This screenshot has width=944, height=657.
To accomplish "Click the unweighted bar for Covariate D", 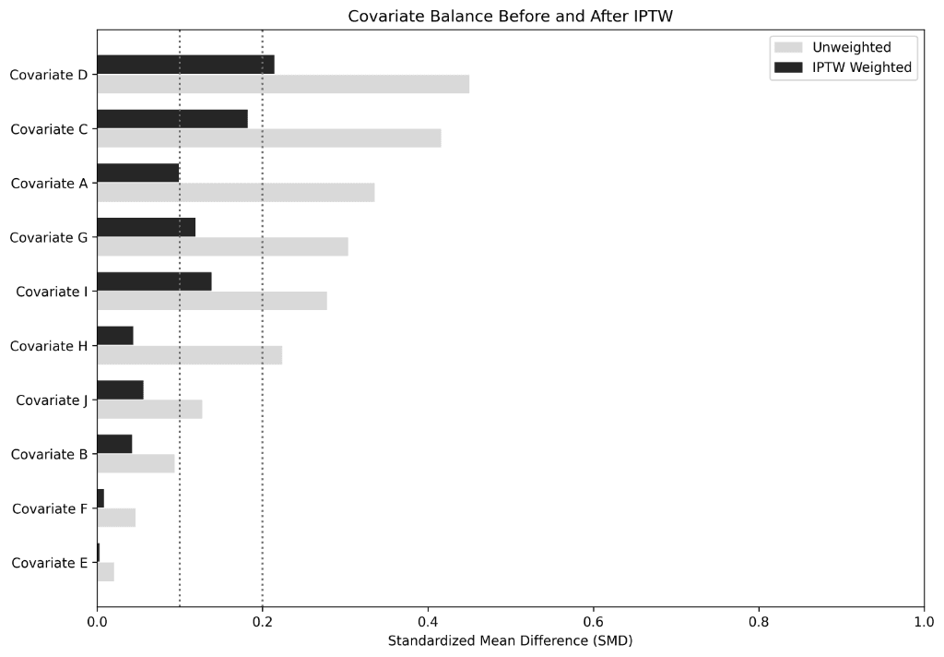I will (283, 84).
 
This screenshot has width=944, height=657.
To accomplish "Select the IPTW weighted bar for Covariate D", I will (185, 65).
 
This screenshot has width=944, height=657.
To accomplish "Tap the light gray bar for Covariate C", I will (268, 138).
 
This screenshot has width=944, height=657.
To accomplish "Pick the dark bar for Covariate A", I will (137, 173).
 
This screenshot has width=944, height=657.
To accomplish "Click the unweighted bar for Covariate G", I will (222, 246).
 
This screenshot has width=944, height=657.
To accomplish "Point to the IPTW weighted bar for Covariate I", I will (154, 281).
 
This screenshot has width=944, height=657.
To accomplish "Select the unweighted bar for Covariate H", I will (189, 355).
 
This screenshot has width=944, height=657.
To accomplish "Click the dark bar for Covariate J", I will (120, 389).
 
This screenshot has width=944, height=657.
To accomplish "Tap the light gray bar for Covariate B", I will (136, 463).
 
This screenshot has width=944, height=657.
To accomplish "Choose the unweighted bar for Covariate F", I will (116, 518).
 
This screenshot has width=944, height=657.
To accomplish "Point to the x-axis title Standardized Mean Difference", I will (510, 640).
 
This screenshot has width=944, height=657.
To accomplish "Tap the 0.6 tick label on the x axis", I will (593, 621).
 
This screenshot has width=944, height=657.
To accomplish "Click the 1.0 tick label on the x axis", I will (923, 621).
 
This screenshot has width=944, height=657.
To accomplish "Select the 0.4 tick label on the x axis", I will (428, 621).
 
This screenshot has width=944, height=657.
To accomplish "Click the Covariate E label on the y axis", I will (50, 562).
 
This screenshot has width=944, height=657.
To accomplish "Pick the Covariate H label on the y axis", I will (49, 346).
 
